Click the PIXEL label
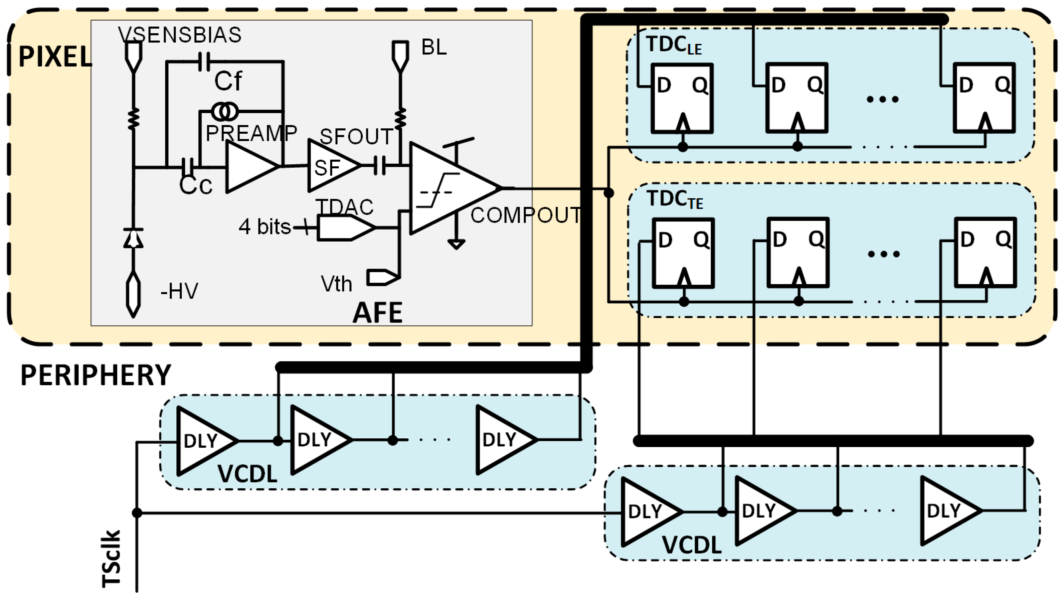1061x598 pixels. click(55, 57)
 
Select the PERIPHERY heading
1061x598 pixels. click(95, 375)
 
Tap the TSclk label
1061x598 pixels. click(111, 558)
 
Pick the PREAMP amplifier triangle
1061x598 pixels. click(249, 167)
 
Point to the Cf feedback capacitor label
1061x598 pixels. click(228, 81)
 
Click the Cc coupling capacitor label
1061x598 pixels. click(196, 185)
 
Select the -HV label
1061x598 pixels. click(179, 291)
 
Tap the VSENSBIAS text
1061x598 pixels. click(180, 35)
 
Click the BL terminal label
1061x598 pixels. click(434, 47)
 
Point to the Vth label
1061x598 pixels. click(336, 284)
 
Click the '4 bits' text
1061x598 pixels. click(265, 227)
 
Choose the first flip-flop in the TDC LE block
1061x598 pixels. click(682, 98)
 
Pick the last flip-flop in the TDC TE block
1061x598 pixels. click(985, 252)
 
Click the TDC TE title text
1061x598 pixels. click(674, 199)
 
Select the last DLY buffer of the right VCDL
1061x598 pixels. click(948, 511)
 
